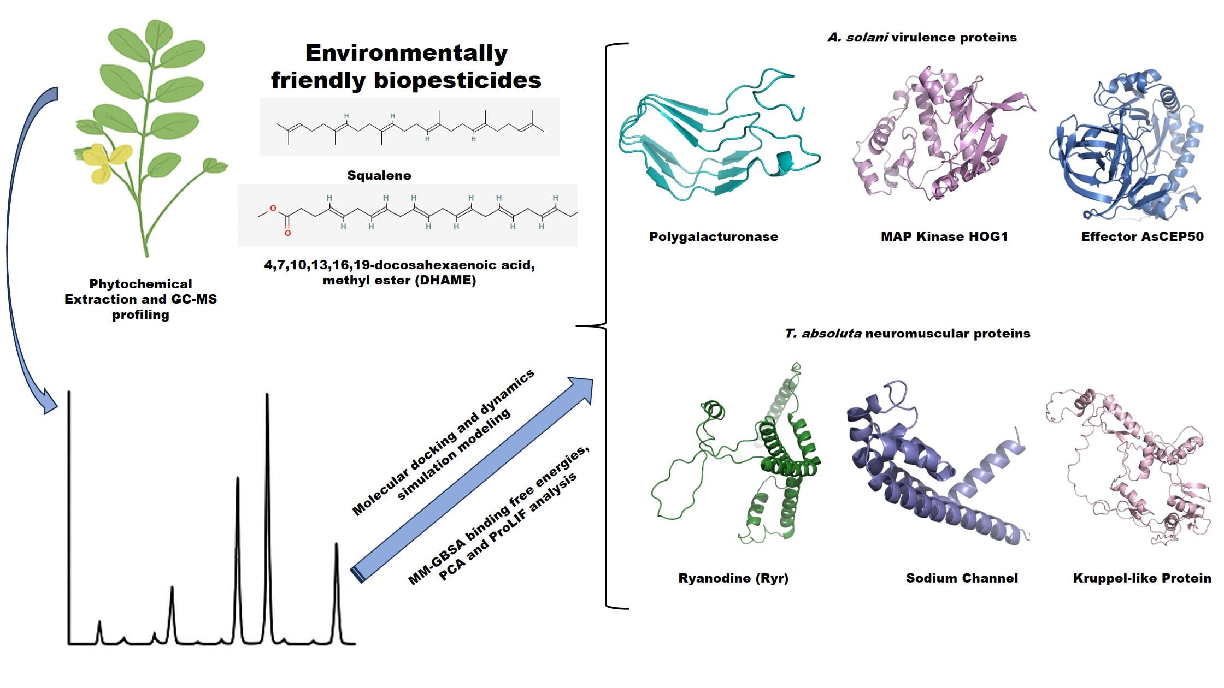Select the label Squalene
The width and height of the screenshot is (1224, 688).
coord(379,175)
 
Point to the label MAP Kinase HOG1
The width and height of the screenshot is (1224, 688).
coord(944,236)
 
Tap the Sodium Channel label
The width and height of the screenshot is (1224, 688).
coord(962,578)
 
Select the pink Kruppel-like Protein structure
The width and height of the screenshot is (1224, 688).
coord(1131,470)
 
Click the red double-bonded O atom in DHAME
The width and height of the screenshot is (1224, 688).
coord(287,233)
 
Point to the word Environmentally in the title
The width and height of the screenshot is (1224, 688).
coord(406,53)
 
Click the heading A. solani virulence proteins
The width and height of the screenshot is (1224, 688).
coord(922,38)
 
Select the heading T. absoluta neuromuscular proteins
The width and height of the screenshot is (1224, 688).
coord(907,334)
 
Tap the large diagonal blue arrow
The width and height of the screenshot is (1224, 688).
coord(470,481)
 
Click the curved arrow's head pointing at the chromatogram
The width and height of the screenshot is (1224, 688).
coord(49,404)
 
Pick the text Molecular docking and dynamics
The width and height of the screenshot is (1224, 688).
coord(443,442)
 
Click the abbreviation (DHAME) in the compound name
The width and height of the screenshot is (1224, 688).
coord(447,281)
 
